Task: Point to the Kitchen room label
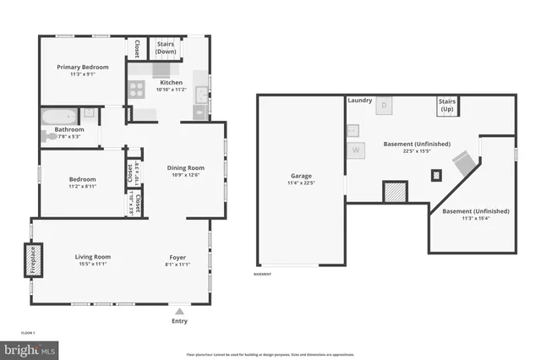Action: pos(172,83)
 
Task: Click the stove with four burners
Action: pos(137,87)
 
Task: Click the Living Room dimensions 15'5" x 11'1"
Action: pos(93,265)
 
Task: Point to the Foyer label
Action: pos(178,257)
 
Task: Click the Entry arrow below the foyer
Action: pos(179,311)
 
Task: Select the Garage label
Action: pos(301,176)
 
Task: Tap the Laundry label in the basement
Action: pos(359,101)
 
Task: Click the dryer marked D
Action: pos(383,106)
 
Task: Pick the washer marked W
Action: pos(356,150)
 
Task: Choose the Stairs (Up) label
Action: pos(447,106)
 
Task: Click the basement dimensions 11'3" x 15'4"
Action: pos(466,218)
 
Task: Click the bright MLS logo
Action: pos(30,348)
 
